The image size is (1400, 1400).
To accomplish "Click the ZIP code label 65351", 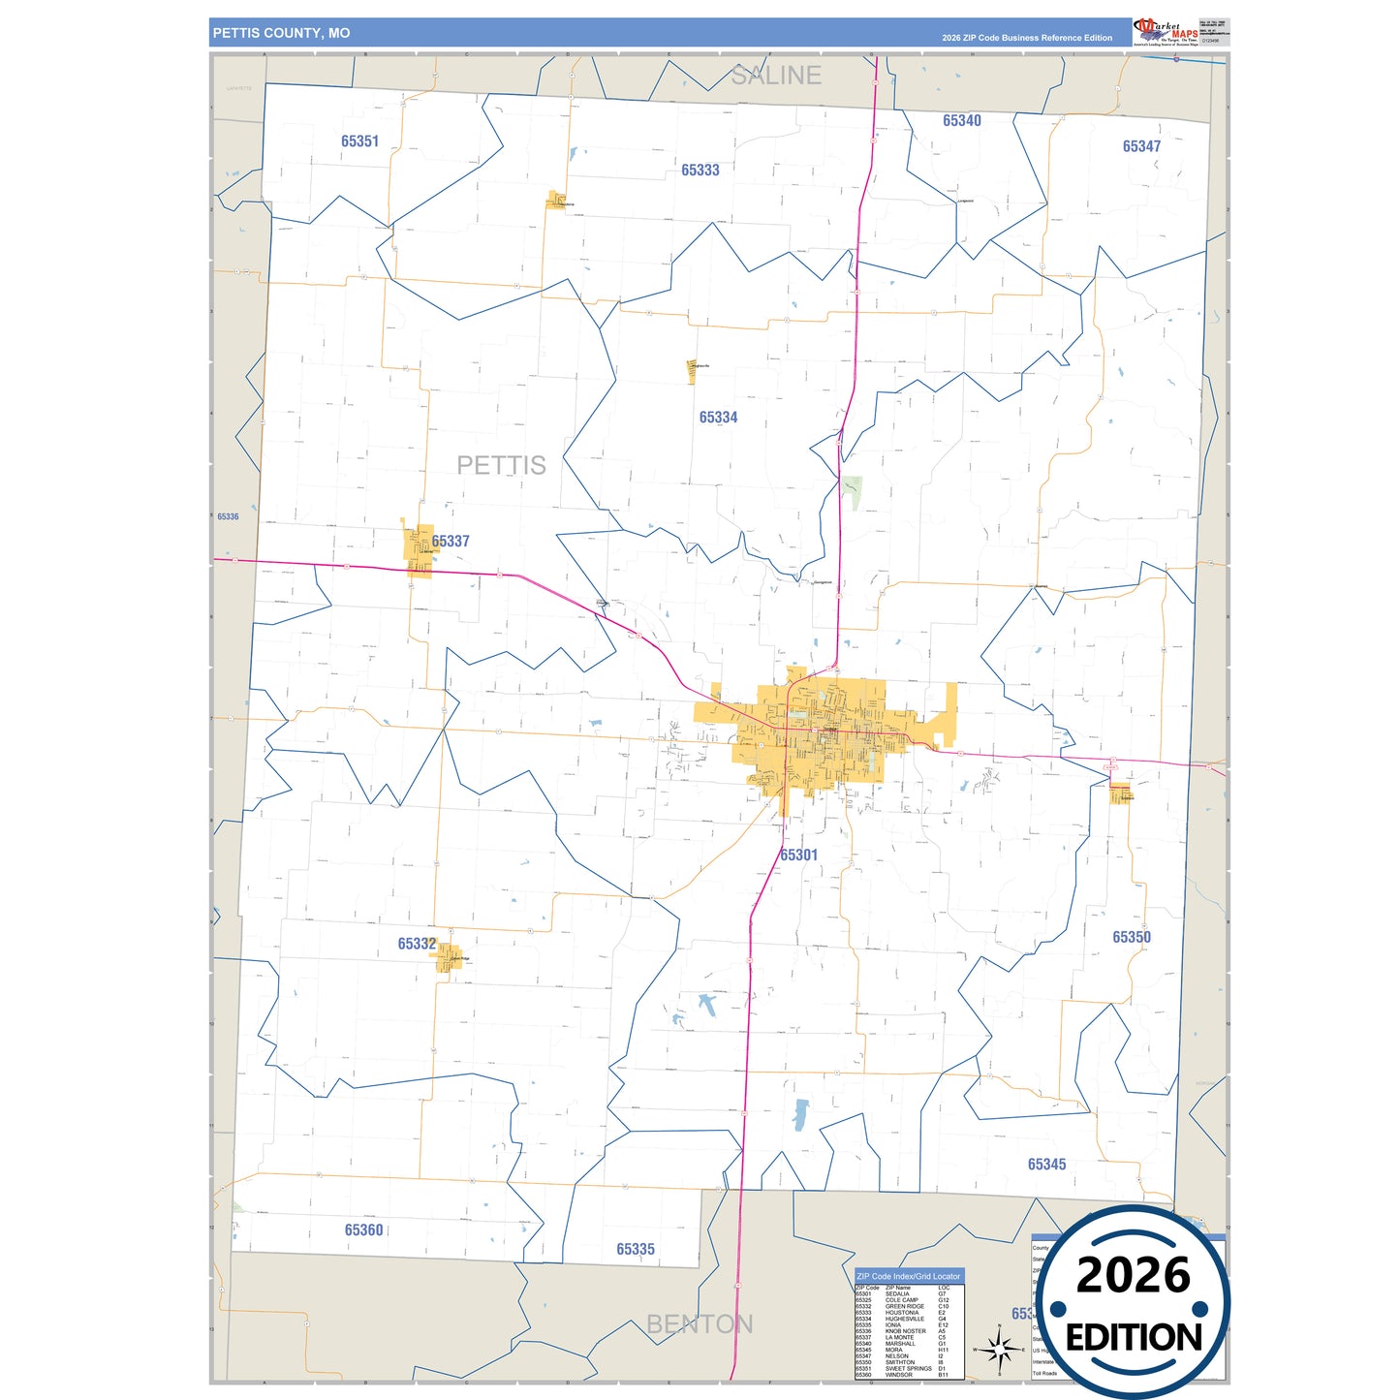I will [x=359, y=141].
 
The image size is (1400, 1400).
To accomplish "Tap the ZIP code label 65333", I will [x=700, y=171].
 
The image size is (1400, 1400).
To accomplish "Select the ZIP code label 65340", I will [x=961, y=121].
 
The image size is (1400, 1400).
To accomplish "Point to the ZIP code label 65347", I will [x=1141, y=146].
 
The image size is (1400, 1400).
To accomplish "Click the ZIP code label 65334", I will [x=718, y=418].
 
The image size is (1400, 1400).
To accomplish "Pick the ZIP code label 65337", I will [x=451, y=542].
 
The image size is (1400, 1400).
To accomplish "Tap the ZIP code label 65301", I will [x=798, y=855].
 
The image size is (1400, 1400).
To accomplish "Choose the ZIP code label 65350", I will [x=1131, y=937].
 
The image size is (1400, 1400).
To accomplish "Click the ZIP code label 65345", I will [x=1046, y=1165].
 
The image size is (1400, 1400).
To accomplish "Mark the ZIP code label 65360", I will [x=363, y=1230].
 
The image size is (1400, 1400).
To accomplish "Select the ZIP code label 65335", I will [x=635, y=1250].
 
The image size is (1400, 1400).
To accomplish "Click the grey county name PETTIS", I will [x=501, y=465].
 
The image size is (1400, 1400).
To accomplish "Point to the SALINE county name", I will [x=775, y=76].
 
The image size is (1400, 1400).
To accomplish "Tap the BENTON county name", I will [x=699, y=1324].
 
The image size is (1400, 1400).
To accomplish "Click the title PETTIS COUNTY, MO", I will [x=281, y=33].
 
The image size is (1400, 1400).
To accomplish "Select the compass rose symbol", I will [x=999, y=1349].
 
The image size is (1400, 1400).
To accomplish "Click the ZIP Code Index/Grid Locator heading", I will [x=908, y=1276].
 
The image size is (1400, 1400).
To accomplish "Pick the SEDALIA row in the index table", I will [x=901, y=1294].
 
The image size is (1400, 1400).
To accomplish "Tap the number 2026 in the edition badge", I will [x=1133, y=1275].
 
